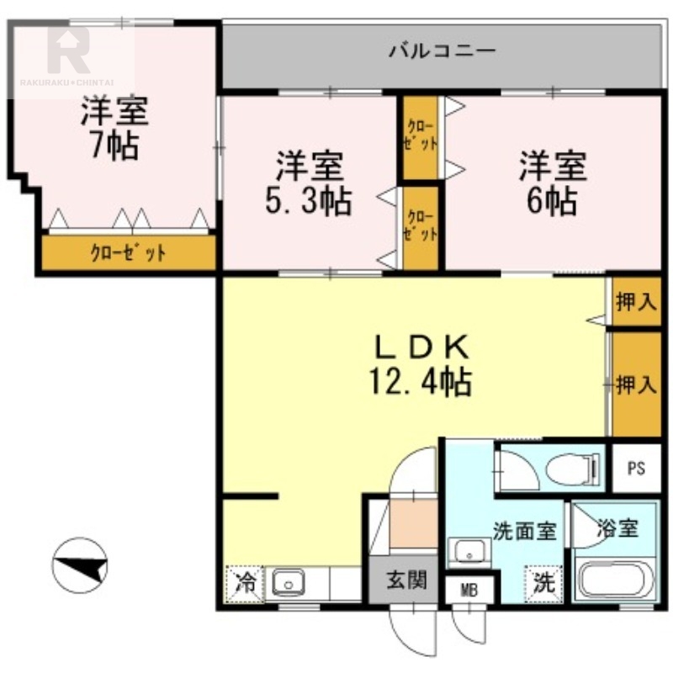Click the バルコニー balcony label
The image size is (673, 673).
click(x=442, y=50)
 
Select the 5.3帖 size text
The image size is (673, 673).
click(x=309, y=200)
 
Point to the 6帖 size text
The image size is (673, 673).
click(x=552, y=200)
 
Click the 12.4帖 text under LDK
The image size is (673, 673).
click(x=421, y=382)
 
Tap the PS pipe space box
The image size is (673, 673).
click(x=637, y=468)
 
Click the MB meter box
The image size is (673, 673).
click(x=469, y=591)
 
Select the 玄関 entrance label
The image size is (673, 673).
click(x=406, y=580)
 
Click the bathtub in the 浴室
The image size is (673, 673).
click(x=616, y=580)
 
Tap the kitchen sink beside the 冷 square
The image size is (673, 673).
click(x=289, y=583)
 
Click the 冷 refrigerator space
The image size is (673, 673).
click(x=244, y=584)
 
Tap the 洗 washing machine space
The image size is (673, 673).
click(x=543, y=584)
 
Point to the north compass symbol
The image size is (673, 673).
click(x=80, y=565)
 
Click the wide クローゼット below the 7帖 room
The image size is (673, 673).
click(x=128, y=253)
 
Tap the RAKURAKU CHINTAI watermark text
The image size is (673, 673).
click(x=66, y=82)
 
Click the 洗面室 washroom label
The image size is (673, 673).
click(x=524, y=532)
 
